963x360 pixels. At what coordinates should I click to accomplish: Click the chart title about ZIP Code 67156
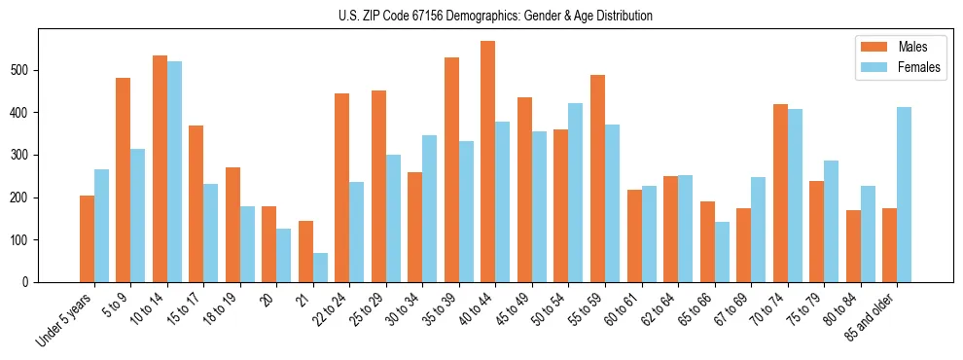[x=481, y=16]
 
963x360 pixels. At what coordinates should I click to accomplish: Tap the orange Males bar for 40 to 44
[x=488, y=162]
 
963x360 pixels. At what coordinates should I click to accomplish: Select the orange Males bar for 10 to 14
[x=160, y=169]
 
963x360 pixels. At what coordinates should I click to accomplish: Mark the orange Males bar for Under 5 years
[x=87, y=239]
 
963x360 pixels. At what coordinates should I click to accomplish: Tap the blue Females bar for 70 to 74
[x=795, y=196]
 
